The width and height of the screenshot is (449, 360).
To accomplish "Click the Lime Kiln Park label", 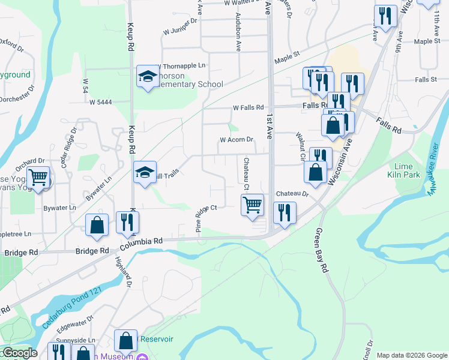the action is (406, 170).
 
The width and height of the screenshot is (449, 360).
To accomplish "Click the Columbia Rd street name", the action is (141, 242).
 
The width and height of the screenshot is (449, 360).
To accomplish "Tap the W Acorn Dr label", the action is (237, 140).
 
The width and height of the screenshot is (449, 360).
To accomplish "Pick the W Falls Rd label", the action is (248, 108).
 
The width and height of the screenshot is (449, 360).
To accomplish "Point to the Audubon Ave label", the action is (238, 31).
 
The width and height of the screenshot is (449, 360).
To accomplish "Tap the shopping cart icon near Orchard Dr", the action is (39, 177).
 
